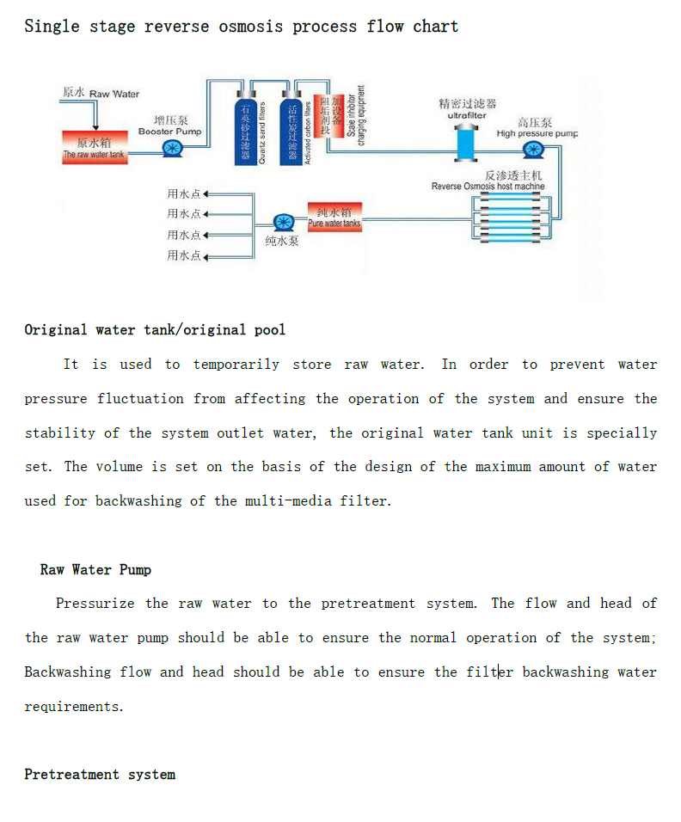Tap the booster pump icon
point(172,149)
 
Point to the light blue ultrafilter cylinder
point(465,142)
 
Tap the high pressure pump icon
point(532,150)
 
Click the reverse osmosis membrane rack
point(511,218)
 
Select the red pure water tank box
point(334,218)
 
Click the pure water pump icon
point(282,224)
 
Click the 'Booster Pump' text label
point(170,132)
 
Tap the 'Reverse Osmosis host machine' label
point(488,186)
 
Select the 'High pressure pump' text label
point(537,133)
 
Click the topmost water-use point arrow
point(206,193)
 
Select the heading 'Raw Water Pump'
point(95,569)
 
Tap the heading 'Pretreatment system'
point(100,775)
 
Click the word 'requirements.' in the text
point(74,706)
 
